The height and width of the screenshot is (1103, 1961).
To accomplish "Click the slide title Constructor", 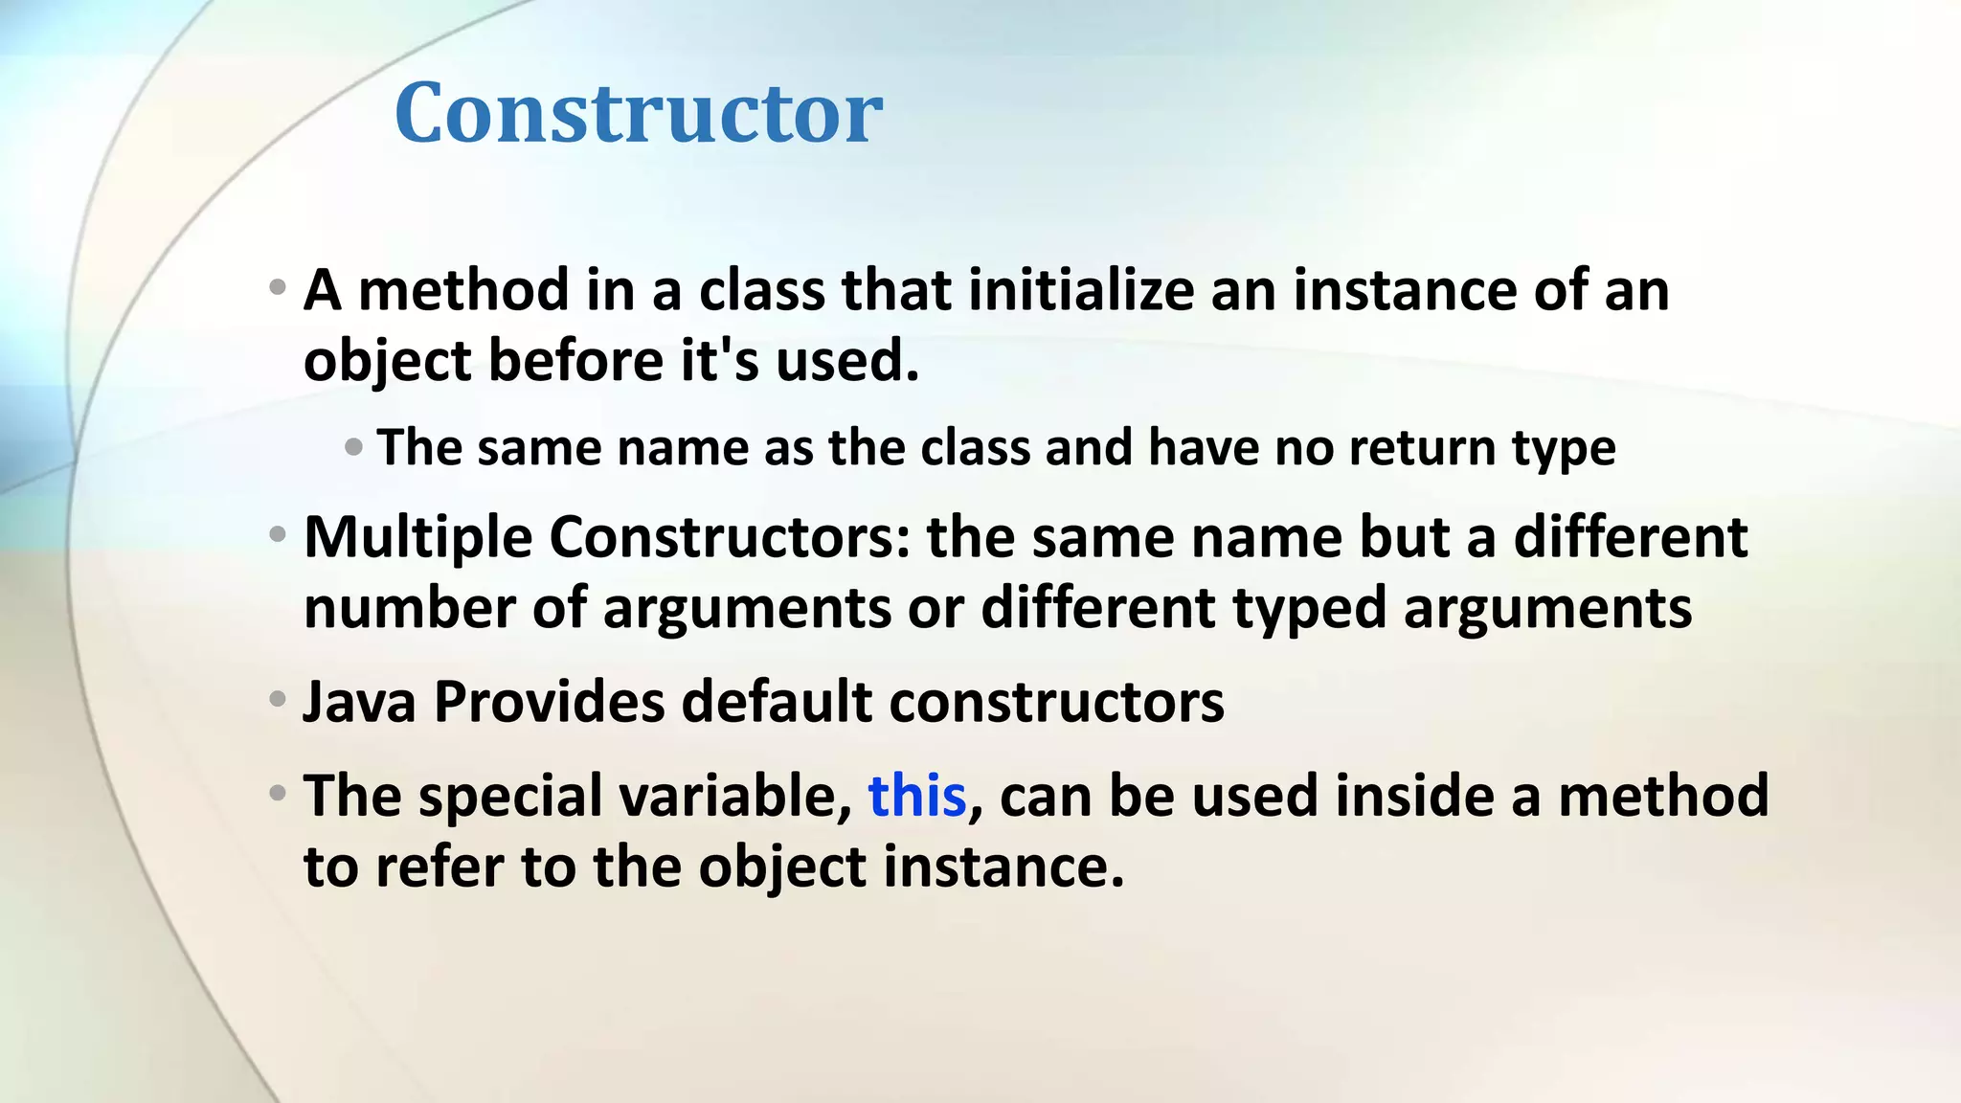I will click(638, 113).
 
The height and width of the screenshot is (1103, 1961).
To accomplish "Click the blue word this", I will click(916, 797).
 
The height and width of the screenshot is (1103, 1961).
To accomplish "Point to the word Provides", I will click(549, 702).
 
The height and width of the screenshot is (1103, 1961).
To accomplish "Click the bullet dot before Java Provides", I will click(278, 699).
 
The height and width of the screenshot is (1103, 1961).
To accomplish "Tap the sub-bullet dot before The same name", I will click(353, 446).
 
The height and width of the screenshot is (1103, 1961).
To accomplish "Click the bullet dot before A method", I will click(278, 286).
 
